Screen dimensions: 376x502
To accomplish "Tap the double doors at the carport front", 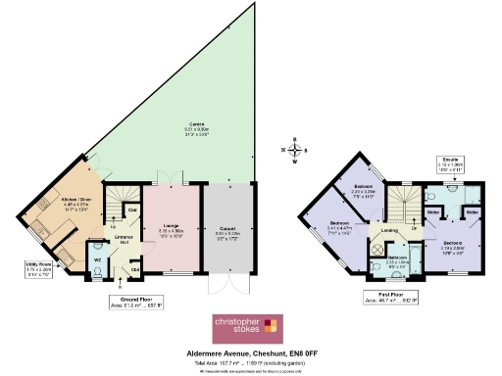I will point(226,290).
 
